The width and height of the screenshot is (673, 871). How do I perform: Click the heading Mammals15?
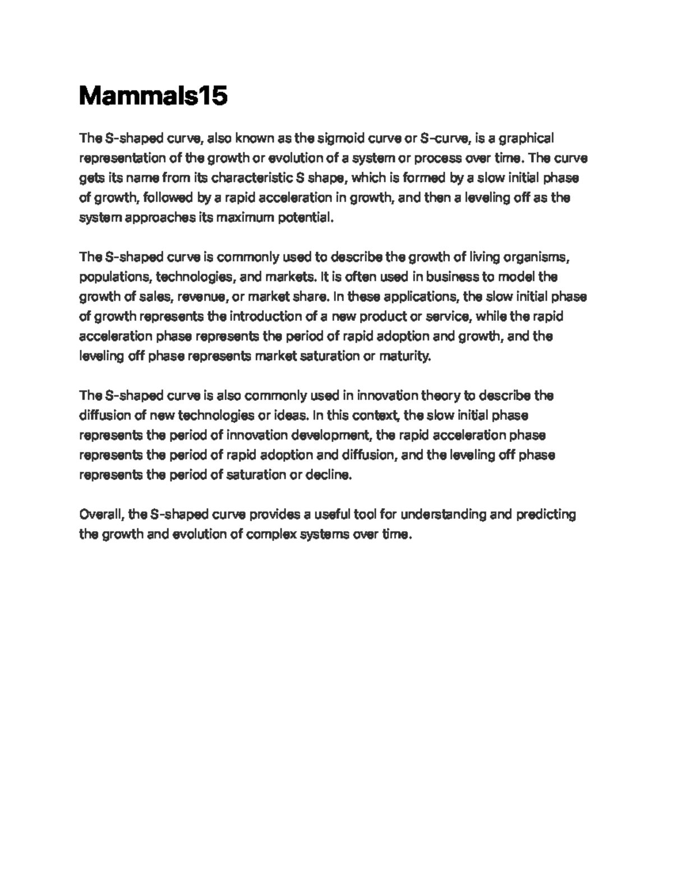click(x=153, y=96)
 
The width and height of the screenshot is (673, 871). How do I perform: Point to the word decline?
click(x=329, y=475)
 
